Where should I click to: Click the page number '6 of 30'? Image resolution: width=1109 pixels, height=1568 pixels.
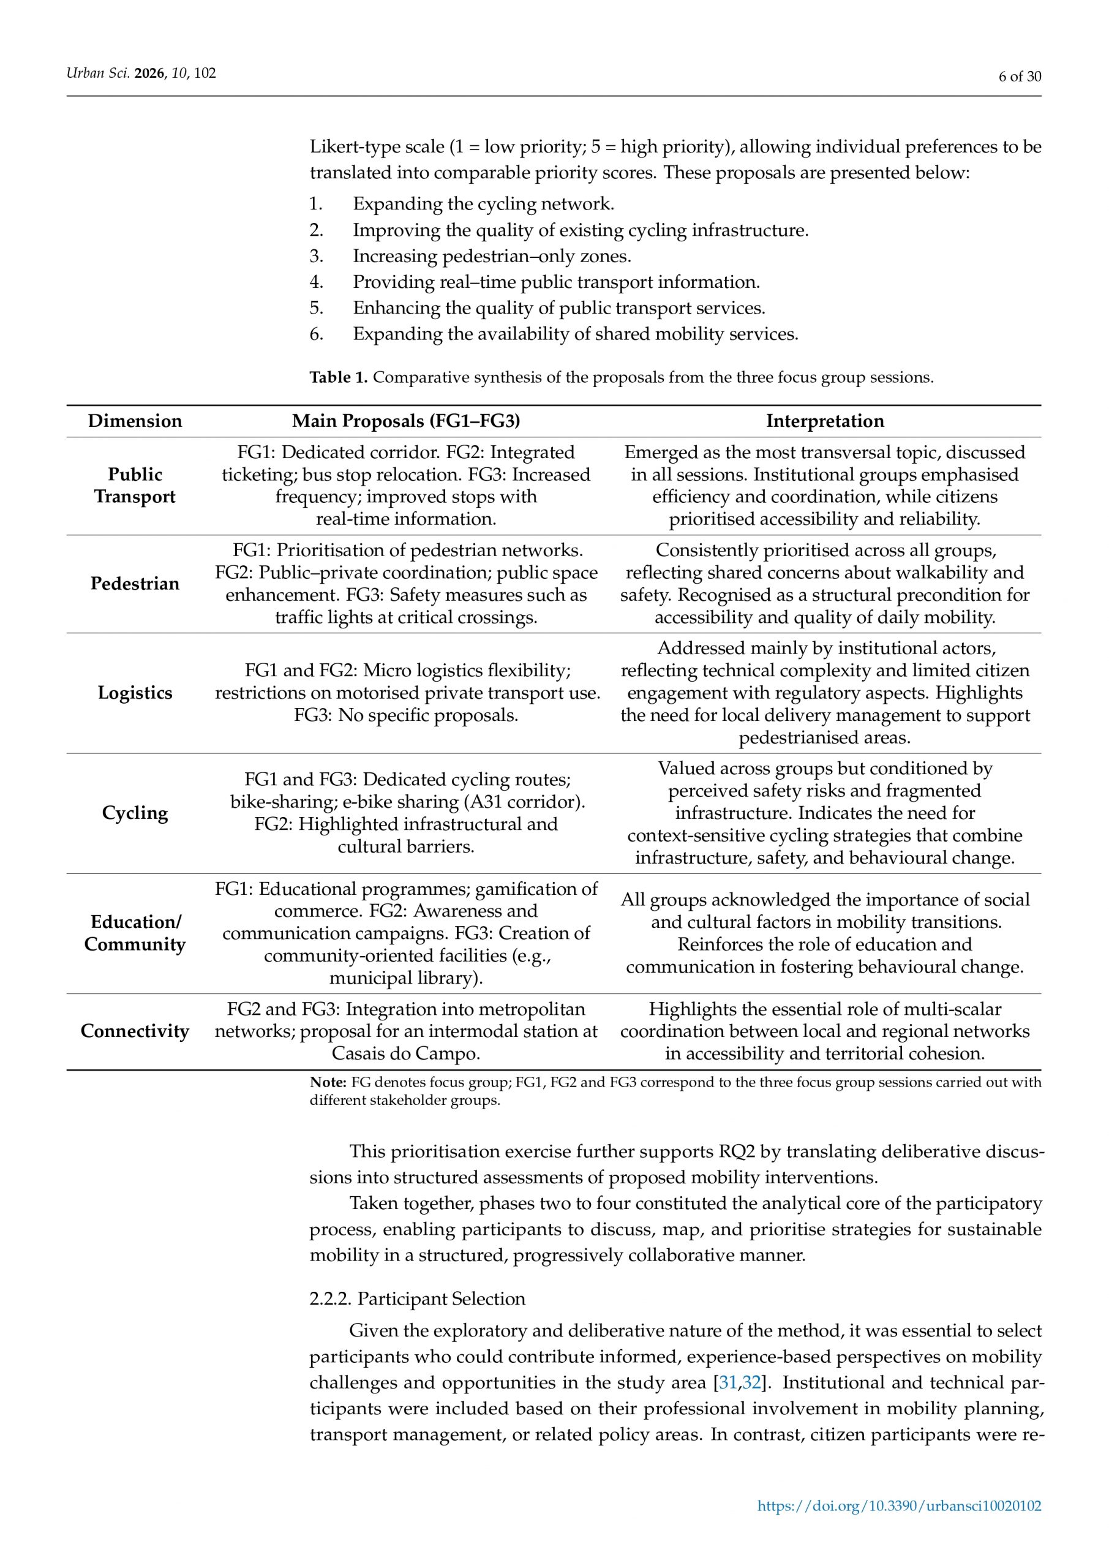1020,77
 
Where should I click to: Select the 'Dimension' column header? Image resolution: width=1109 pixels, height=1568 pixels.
135,421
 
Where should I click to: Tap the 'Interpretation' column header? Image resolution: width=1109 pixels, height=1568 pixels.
824,421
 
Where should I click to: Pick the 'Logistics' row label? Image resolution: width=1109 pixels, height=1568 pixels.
135,693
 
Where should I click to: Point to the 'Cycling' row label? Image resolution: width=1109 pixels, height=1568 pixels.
135,813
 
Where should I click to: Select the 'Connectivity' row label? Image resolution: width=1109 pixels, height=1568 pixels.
135,1031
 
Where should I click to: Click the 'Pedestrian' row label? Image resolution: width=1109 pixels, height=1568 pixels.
135,583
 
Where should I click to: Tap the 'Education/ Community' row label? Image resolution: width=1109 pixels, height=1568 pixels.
135,933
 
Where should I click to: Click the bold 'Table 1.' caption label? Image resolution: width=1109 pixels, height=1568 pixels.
338,378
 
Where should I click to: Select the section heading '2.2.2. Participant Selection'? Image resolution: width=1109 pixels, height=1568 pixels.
417,1298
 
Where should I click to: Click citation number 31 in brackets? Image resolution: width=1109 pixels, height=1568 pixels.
727,1383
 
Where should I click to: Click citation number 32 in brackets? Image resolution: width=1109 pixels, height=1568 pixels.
751,1383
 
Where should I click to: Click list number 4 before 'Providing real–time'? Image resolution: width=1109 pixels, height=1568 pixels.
316,282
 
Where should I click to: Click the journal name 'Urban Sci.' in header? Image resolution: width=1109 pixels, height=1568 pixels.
97,73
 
